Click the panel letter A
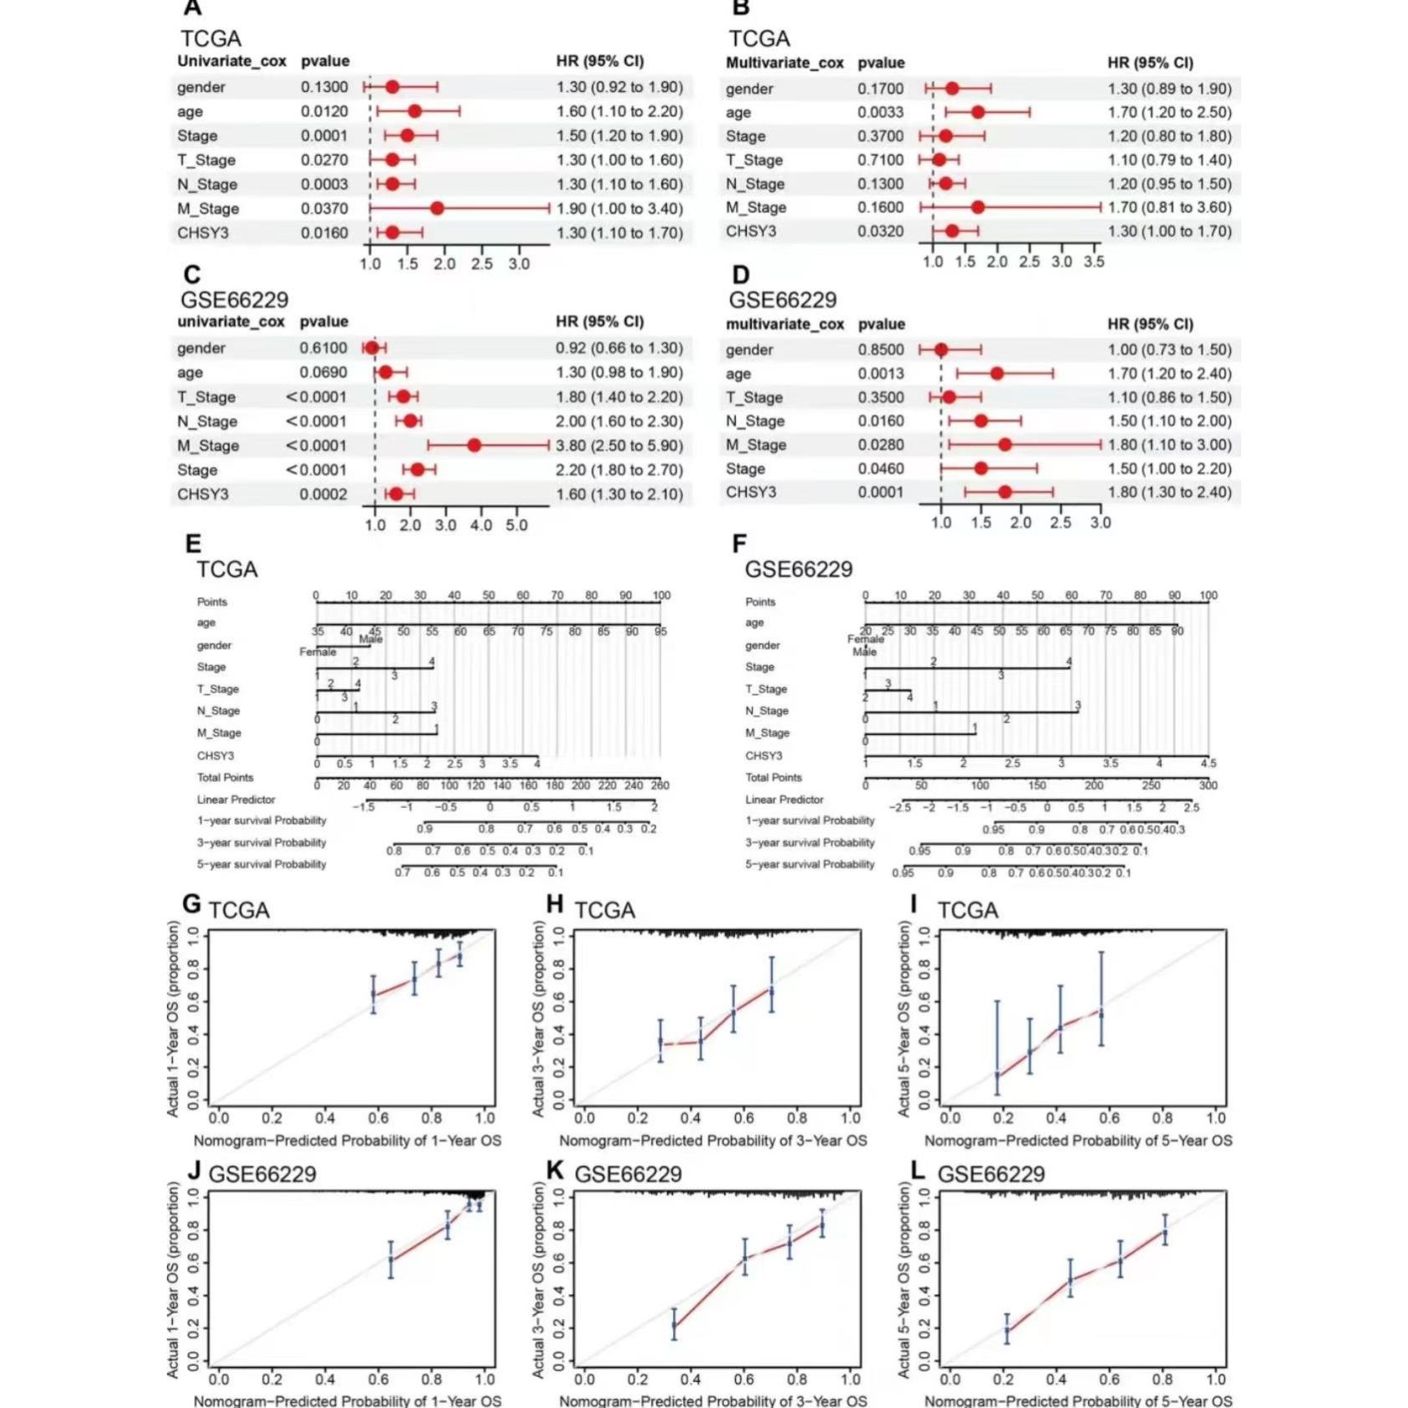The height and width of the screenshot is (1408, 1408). tap(193, 8)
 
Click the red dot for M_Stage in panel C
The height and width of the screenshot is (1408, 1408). tap(474, 445)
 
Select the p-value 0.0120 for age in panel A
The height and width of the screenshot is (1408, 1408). tap(324, 111)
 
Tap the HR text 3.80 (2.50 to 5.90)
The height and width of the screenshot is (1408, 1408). tap(619, 445)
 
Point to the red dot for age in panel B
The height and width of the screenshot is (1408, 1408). tap(977, 112)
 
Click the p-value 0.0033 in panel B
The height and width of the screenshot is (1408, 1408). tap(880, 112)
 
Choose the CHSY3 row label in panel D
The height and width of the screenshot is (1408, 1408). tap(751, 492)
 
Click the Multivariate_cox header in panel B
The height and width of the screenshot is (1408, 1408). tap(784, 63)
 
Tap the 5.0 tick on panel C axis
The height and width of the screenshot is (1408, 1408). tap(516, 525)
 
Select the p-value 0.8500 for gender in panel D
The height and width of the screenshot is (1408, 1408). tap(880, 349)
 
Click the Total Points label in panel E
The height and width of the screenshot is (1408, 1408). tap(225, 778)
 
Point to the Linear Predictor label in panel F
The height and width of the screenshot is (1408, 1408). tap(784, 800)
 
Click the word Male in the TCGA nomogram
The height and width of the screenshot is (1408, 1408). tap(370, 639)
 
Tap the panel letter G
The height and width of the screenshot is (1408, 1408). tap(191, 904)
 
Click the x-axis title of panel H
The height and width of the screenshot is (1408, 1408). tap(712, 1141)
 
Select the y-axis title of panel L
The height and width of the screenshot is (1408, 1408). tap(903, 1280)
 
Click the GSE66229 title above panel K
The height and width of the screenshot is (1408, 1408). tap(629, 1174)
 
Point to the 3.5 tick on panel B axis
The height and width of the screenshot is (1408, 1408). tap(1093, 262)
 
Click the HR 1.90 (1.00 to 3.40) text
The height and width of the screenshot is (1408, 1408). tap(619, 209)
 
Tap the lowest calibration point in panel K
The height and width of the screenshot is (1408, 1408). tap(674, 1326)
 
